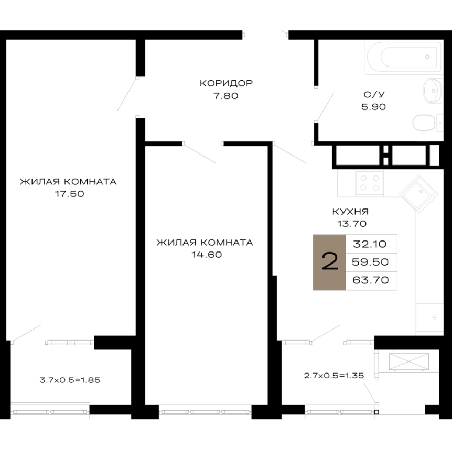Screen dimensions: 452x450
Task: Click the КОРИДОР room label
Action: click(227, 83)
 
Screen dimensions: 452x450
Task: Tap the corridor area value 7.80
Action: click(225, 95)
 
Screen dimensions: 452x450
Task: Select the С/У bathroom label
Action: click(374, 94)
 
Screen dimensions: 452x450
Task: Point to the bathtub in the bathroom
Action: click(403, 57)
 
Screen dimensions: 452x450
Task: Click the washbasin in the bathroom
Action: click(433, 91)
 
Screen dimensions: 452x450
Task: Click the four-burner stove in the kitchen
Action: click(370, 183)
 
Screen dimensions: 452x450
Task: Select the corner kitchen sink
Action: click(419, 194)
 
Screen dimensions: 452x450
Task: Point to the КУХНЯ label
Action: click(350, 212)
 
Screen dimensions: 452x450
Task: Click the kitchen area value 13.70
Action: click(352, 224)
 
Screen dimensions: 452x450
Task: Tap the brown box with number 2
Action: click(329, 262)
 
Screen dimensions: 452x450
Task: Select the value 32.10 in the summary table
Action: click(370, 244)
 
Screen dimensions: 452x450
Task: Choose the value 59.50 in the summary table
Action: click(370, 262)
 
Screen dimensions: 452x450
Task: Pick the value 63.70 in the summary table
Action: click(370, 280)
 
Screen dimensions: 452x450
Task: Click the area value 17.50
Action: click(69, 194)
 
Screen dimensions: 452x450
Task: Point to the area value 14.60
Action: click(207, 255)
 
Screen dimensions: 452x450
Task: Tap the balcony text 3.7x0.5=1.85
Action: click(70, 380)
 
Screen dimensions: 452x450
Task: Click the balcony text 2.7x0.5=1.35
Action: click(334, 376)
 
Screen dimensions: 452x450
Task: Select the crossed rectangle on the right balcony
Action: click(409, 361)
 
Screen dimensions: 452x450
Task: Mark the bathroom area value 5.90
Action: click(373, 107)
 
